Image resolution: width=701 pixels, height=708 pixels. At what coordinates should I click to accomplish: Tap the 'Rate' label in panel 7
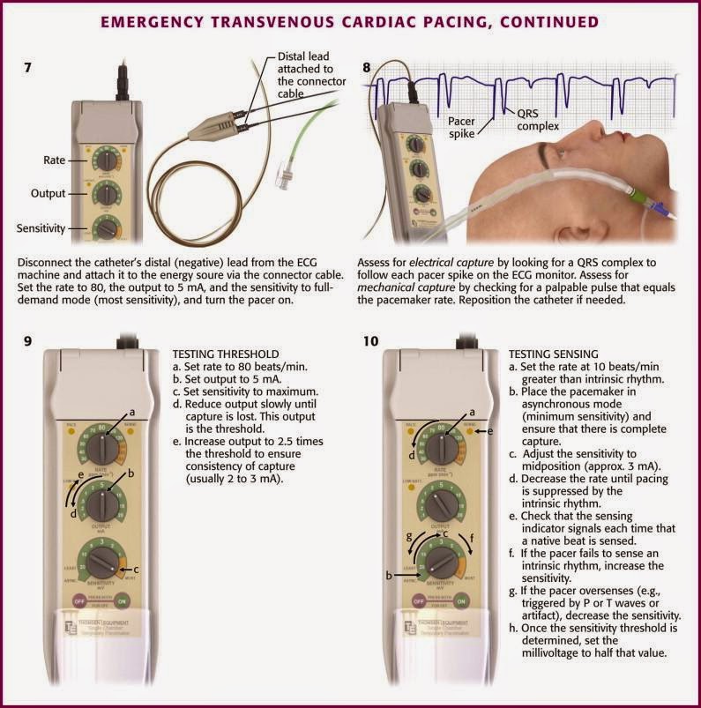coord(55,160)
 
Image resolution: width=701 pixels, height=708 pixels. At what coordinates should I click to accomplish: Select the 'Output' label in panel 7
coord(48,193)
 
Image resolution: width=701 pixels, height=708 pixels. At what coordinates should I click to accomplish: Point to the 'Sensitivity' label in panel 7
coord(40,228)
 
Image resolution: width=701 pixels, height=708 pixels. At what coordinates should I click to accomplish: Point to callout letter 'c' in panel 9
coord(137,570)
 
